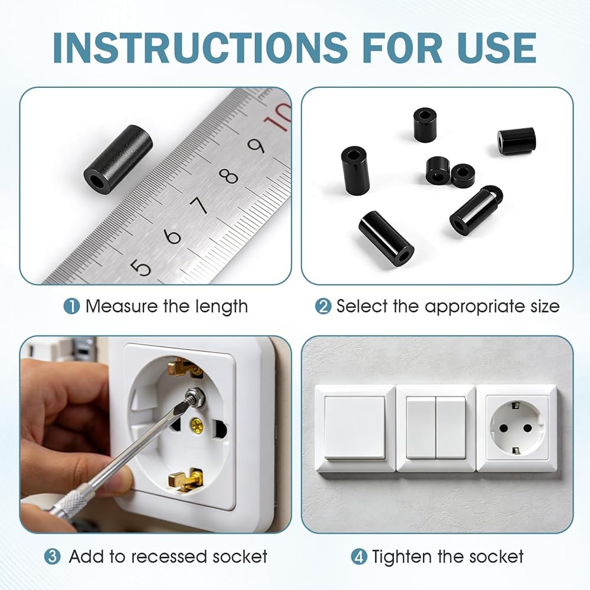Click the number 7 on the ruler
tap(199, 205)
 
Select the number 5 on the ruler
tap(141, 267)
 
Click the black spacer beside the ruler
tap(118, 159)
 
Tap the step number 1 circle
tap(71, 306)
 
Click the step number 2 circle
tap(323, 306)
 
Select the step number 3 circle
tap(53, 556)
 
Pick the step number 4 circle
tap(359, 556)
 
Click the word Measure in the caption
tap(121, 306)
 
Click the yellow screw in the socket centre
tap(198, 425)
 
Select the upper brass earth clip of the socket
tap(183, 367)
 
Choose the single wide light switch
tap(355, 428)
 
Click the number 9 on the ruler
tap(256, 146)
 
